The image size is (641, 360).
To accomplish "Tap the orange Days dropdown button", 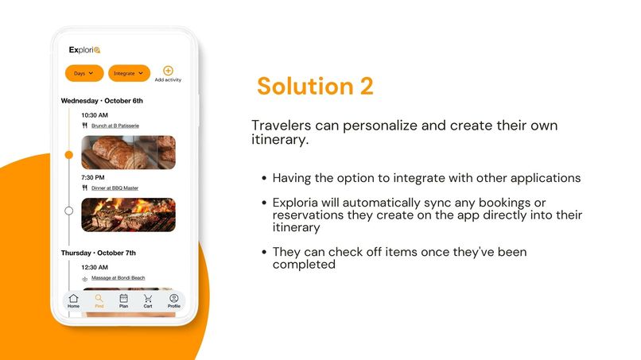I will click(x=84, y=73).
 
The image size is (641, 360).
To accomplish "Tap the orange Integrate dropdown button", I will click(x=129, y=73).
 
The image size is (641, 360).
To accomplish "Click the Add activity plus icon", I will click(x=168, y=72).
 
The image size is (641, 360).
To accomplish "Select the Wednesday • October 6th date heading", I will click(x=102, y=101).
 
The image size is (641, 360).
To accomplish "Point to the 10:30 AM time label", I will click(x=95, y=115).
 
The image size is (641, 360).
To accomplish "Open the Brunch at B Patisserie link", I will click(x=115, y=126).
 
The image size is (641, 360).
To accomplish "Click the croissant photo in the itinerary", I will click(x=127, y=152).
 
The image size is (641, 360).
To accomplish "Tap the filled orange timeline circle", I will click(x=68, y=154).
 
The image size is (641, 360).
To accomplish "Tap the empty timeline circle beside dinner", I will click(x=68, y=211).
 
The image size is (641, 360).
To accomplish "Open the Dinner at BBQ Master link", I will click(x=115, y=188).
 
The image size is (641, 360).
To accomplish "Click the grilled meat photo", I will click(x=127, y=215).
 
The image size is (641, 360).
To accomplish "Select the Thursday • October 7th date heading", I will click(x=99, y=253).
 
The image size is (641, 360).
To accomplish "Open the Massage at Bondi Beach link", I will click(x=118, y=278).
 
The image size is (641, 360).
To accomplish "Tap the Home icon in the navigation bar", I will click(x=73, y=300).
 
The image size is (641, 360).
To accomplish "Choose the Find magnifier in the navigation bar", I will click(x=99, y=300).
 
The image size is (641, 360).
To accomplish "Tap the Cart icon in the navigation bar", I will click(x=148, y=300).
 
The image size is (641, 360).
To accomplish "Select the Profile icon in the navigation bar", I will click(x=173, y=300).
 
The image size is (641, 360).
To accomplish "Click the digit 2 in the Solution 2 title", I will click(x=365, y=86).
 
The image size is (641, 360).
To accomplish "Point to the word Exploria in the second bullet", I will click(x=297, y=203).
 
